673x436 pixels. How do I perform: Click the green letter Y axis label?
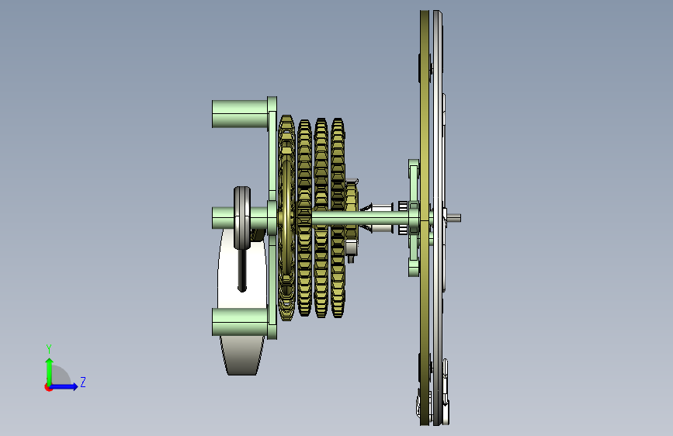coord(49,348)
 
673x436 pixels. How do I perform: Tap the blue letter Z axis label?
coord(83,382)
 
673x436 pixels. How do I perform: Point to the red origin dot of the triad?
coord(48,387)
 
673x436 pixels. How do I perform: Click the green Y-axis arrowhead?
coord(50,362)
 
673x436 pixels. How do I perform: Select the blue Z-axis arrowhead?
coord(75,386)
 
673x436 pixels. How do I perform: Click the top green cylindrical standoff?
coord(240,114)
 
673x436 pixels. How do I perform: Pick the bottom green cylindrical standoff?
coord(240,322)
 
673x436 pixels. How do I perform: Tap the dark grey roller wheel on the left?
coord(242,217)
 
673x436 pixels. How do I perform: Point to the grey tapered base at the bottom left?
coord(242,355)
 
